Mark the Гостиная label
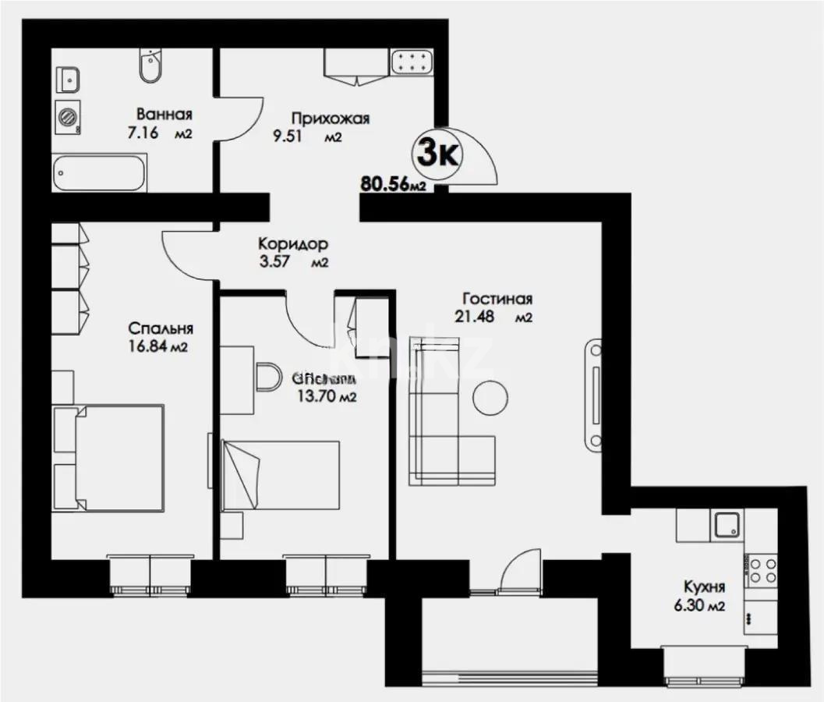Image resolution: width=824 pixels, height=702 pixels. tap(497, 299)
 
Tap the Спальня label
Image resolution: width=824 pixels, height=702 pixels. tap(161, 329)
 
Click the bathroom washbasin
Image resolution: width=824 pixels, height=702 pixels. tap(69, 78)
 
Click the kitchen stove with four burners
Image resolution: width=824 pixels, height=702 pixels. tap(760, 570)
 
